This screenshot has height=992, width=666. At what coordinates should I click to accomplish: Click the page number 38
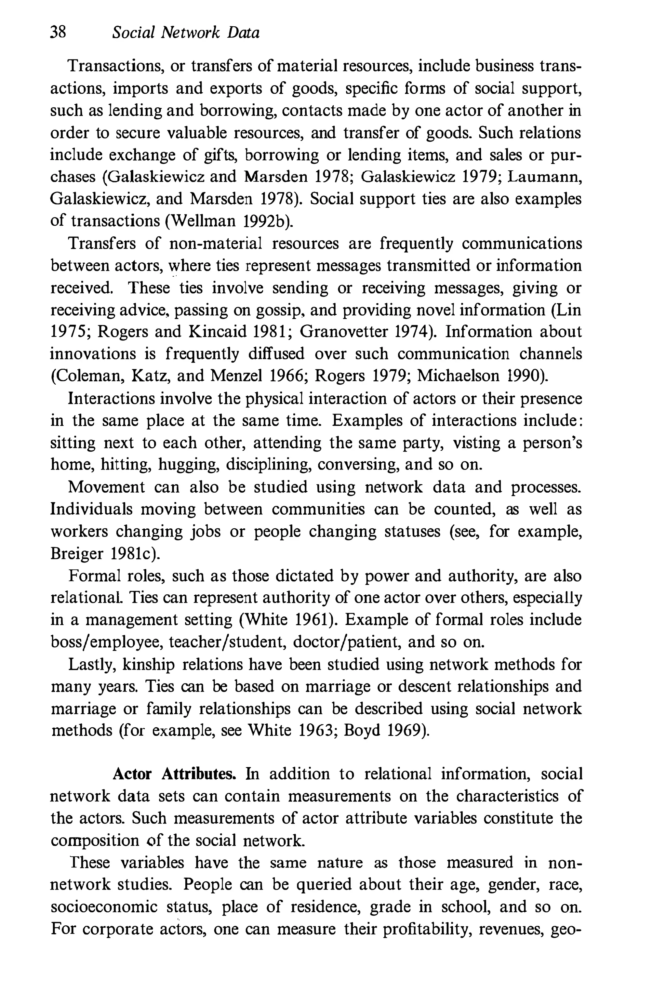coord(58,32)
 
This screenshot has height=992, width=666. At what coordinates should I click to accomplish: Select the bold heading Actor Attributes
coord(174,774)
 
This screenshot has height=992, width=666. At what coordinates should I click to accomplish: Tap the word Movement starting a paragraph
coord(107,487)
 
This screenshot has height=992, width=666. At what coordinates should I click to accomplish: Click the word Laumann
coord(544,176)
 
